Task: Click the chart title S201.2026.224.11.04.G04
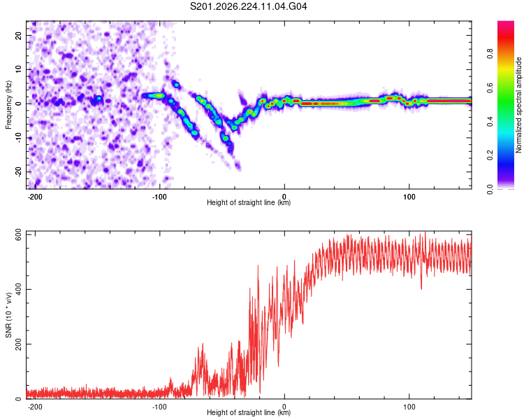(x=248, y=6)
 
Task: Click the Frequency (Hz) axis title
(x=8, y=105)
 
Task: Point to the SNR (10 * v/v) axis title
(x=8, y=315)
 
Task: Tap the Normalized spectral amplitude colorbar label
(x=518, y=105)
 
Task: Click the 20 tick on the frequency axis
(x=19, y=35)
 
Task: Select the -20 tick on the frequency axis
(x=19, y=171)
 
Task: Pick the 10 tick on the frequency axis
(x=19, y=69)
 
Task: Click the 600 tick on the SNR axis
(x=19, y=235)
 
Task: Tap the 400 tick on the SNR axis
(x=19, y=289)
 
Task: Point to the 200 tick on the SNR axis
(x=19, y=344)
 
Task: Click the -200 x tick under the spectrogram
(x=35, y=197)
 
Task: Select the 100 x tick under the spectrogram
(x=409, y=197)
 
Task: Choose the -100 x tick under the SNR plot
(x=159, y=407)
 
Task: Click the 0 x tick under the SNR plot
(x=284, y=407)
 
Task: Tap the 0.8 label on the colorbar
(x=490, y=53)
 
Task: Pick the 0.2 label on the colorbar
(x=490, y=155)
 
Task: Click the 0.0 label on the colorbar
(x=490, y=189)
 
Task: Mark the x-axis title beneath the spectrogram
(x=249, y=202)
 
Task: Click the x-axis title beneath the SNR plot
(x=249, y=412)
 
